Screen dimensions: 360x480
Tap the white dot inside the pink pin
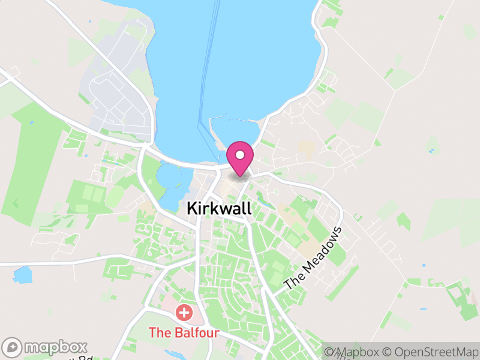point(240,155)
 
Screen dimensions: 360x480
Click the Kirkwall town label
point(219,208)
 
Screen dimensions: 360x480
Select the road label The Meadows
point(313,259)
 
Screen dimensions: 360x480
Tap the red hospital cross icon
point(184,313)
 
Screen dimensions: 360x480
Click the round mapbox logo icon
point(13,347)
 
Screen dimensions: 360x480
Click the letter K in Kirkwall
point(192,208)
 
